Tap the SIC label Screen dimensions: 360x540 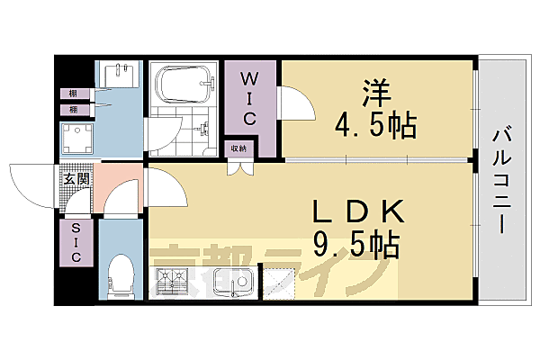[76, 242]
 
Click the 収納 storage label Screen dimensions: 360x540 [239, 148]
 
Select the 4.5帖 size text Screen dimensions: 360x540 [375, 125]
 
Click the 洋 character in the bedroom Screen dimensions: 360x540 [376, 92]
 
